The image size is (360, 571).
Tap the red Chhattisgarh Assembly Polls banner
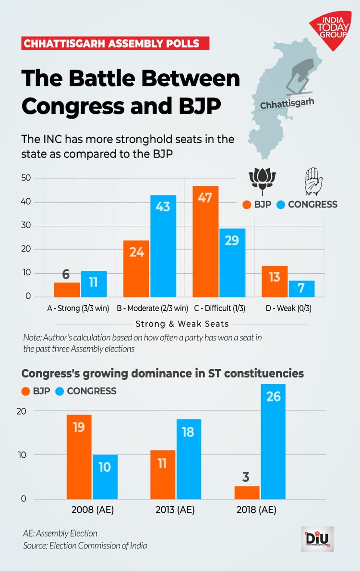click(115, 44)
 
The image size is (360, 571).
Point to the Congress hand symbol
click(312, 180)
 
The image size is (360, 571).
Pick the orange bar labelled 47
click(205, 241)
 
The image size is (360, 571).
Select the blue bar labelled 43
click(163, 246)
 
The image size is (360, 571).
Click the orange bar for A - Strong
click(67, 290)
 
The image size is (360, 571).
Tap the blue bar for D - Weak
click(301, 289)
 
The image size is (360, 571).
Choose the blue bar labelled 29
click(232, 263)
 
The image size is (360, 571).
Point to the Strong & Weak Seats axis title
click(182, 324)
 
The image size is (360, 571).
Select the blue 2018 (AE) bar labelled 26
click(273, 442)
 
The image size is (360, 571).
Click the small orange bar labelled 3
click(247, 493)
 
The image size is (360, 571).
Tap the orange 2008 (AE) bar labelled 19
click(79, 457)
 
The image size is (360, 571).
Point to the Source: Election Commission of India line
click(85, 546)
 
